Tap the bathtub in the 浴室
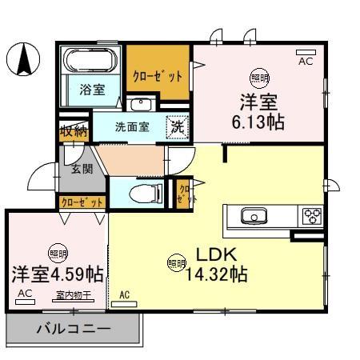click(90, 60)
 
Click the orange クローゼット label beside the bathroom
click(157, 74)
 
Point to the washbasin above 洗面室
click(141, 104)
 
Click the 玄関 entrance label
click(81, 169)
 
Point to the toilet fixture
click(142, 192)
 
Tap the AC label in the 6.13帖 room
click(306, 60)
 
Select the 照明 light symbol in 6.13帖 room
click(258, 77)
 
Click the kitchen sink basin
click(254, 215)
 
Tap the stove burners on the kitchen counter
click(311, 215)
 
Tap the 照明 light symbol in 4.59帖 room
click(57, 254)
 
